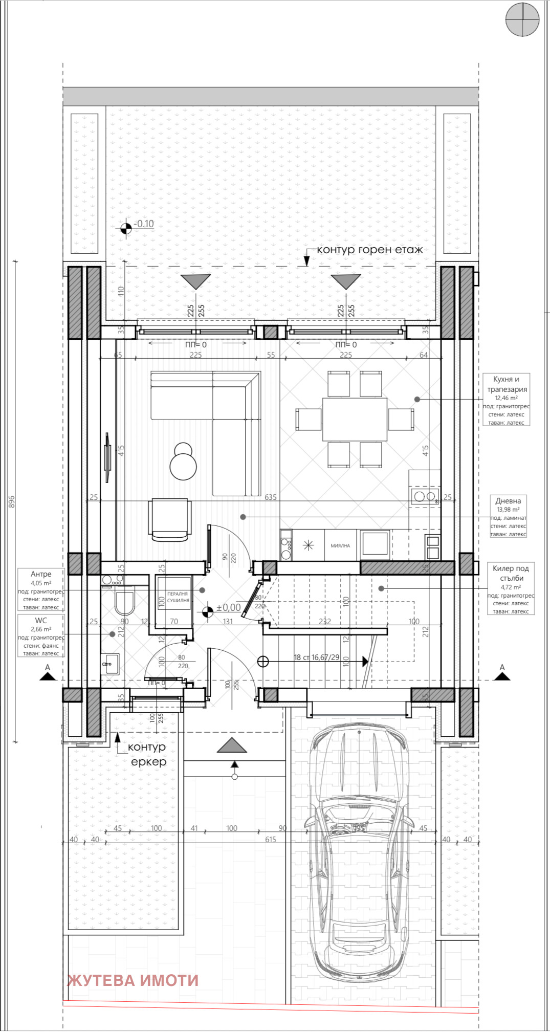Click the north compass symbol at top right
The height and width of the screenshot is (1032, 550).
522,19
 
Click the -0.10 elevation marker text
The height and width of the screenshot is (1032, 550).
145,224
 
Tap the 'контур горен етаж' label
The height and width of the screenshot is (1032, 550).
369,250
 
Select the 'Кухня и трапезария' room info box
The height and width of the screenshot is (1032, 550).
506,400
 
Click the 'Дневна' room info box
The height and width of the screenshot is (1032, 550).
508,516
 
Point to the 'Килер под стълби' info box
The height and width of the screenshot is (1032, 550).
511,589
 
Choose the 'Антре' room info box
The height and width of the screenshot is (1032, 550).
41,589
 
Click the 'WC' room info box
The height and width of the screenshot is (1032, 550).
41,636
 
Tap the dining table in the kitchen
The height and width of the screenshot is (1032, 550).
354,419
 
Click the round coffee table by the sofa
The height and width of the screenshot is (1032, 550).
183,466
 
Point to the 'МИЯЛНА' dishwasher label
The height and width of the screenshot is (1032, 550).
340,545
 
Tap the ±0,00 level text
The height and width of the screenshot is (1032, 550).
228,607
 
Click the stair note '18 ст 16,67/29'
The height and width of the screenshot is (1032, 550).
317,657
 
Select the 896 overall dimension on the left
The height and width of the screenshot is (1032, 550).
12,501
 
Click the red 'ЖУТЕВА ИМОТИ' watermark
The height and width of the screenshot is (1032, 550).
133,980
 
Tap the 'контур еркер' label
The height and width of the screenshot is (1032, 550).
147,754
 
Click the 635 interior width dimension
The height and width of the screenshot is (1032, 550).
270,497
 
